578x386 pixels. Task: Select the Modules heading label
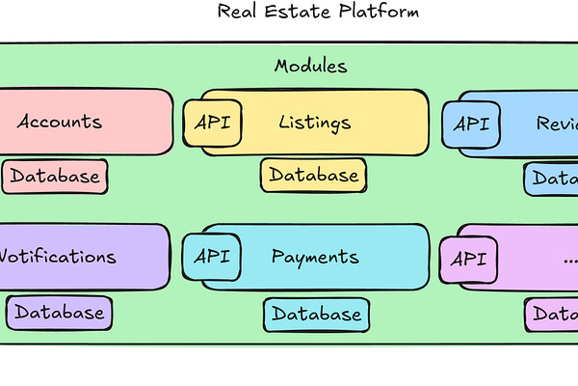310,67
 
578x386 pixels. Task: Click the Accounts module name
60,123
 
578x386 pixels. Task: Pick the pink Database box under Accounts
55,177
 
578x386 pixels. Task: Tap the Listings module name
315,123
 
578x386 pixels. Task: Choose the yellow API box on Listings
212,123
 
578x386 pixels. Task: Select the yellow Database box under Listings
314,175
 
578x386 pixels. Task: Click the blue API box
470,124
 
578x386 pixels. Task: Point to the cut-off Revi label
557,124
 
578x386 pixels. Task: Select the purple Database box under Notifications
59,313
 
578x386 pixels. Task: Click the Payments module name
315,257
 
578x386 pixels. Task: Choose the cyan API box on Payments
211,257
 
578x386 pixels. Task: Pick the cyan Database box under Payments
316,314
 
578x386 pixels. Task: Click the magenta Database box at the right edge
554,314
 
